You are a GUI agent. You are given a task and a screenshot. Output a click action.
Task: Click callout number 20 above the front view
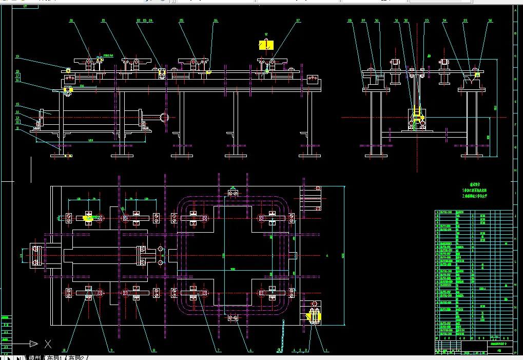pyautogui.click(x=71, y=21)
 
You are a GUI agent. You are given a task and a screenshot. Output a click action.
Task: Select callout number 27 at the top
pyautogui.click(x=298, y=21)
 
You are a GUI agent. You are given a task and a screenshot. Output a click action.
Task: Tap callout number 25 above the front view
pyautogui.click(x=181, y=21)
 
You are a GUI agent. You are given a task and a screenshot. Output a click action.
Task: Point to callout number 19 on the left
pyautogui.click(x=17, y=56)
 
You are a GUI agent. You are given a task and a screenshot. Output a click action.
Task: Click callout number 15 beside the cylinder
pyautogui.click(x=17, y=104)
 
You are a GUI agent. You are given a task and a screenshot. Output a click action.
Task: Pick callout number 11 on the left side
pyautogui.click(x=17, y=128)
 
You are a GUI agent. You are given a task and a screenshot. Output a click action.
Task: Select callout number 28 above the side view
pyautogui.click(x=350, y=21)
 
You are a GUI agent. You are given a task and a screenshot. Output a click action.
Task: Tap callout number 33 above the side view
pyautogui.click(x=427, y=21)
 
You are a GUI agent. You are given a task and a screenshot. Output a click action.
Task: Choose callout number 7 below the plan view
pyautogui.click(x=219, y=350)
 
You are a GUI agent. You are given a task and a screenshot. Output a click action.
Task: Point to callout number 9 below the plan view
pyautogui.click(x=111, y=350)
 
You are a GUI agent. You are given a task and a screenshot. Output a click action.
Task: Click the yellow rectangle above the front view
pyautogui.click(x=267, y=46)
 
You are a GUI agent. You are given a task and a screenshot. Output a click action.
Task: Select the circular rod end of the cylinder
pyautogui.click(x=165, y=118)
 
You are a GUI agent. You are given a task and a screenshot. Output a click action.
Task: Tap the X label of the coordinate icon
pyautogui.click(x=48, y=343)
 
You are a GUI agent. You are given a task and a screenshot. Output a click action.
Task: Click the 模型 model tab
pyautogui.click(x=35, y=357)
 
